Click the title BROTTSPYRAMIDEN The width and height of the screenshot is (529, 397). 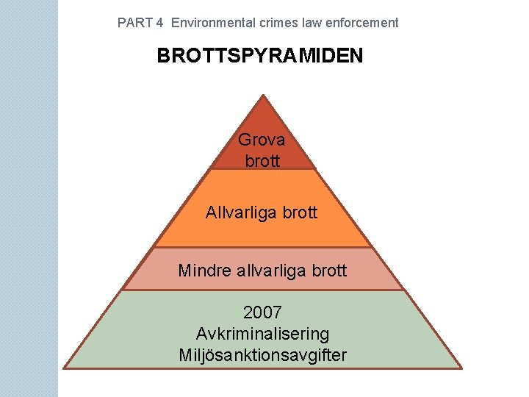259,56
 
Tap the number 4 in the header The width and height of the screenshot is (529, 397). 159,23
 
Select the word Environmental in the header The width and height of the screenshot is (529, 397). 213,23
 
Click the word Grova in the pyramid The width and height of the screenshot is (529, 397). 262,139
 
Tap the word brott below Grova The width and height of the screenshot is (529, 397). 262,160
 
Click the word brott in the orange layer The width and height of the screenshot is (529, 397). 301,213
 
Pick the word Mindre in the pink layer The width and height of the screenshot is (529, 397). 205,271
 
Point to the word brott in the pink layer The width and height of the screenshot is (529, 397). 330,271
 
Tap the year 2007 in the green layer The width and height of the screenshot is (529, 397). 262,312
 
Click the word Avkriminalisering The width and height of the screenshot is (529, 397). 262,334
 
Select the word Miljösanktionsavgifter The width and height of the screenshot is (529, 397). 262,355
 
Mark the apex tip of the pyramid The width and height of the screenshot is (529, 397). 262,95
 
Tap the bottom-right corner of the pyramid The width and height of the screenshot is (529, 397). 461,368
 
